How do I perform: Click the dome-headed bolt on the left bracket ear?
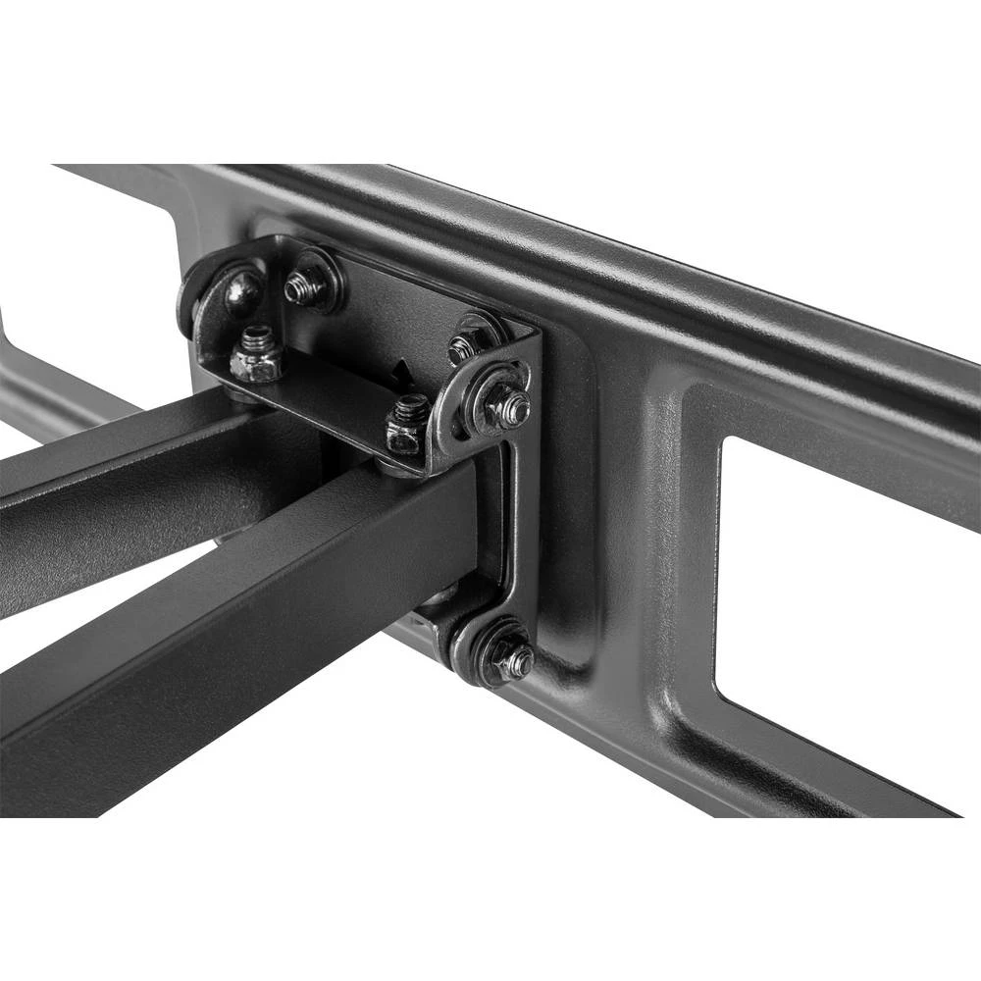241,291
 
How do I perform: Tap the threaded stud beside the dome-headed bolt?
305,285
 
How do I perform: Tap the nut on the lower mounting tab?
512,662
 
